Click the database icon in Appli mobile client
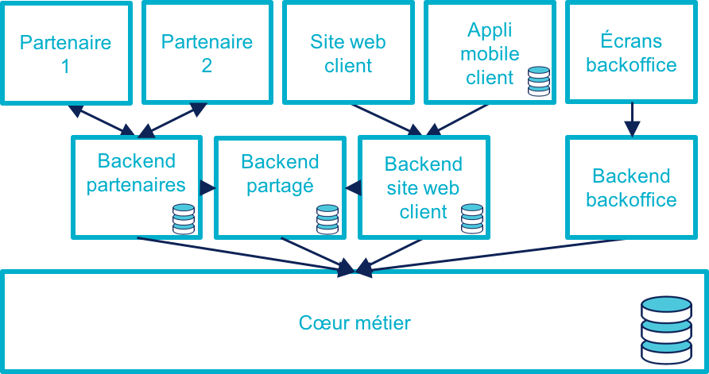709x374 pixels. click(x=539, y=81)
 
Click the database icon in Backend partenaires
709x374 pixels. click(x=184, y=219)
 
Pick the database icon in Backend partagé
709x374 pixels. click(x=327, y=219)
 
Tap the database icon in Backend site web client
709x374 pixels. click(x=472, y=219)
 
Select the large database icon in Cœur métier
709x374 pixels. click(x=667, y=329)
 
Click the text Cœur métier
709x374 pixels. click(x=354, y=323)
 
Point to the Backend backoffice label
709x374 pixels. click(x=631, y=187)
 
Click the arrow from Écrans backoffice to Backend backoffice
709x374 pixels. click(x=632, y=119)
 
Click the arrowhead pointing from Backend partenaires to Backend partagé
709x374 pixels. click(x=208, y=188)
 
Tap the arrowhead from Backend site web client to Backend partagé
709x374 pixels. click(x=351, y=188)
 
